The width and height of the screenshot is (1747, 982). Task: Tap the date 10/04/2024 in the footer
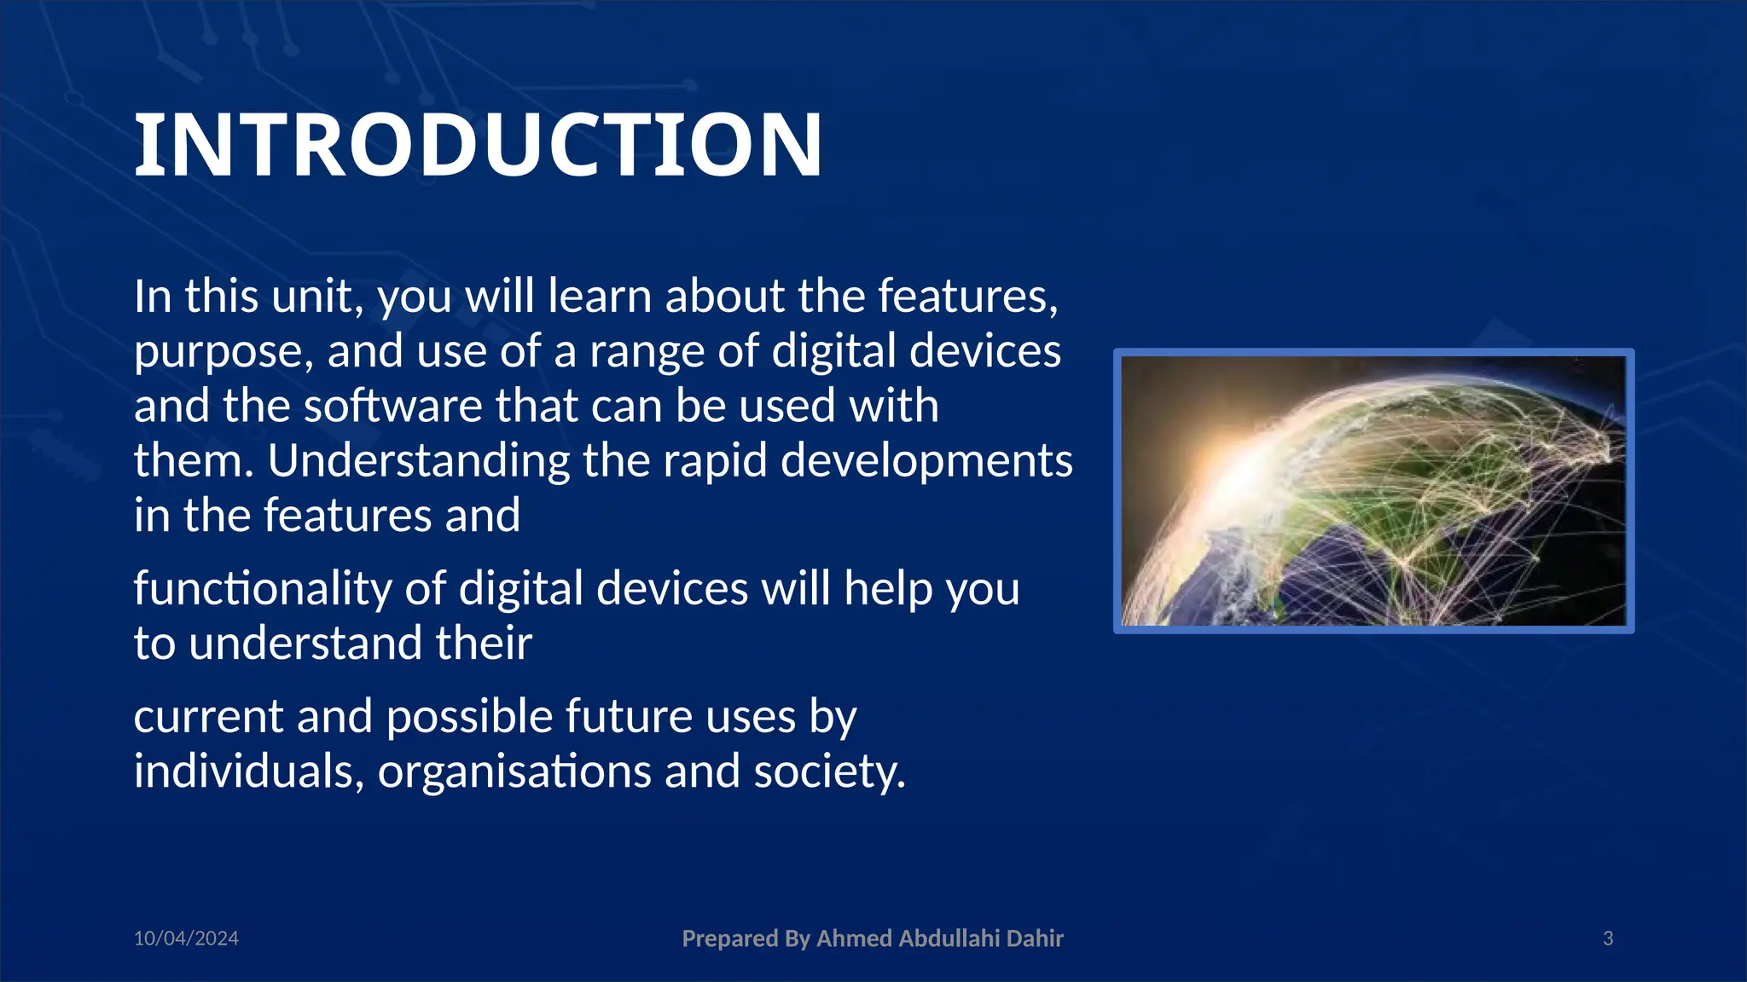click(186, 939)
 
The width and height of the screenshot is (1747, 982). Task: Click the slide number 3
click(1608, 939)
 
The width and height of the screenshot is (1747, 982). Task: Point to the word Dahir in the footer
click(1035, 939)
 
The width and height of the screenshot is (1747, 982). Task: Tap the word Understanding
click(418, 461)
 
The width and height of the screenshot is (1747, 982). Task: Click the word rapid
click(715, 461)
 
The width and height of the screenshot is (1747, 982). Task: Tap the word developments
click(926, 461)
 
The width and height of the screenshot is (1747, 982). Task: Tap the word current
click(208, 717)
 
